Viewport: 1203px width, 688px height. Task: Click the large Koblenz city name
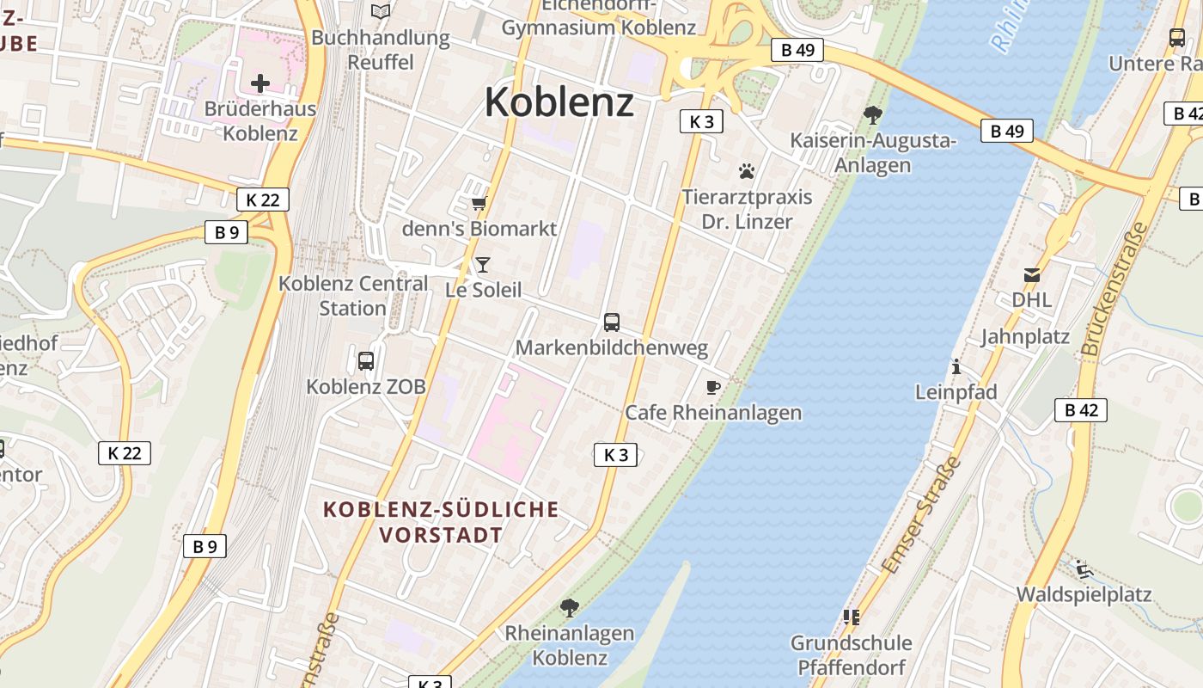(x=559, y=102)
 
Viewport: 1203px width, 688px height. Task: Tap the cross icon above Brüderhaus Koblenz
(x=260, y=83)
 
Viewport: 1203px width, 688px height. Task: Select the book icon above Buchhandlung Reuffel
(x=381, y=12)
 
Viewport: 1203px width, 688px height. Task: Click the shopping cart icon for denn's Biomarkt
(x=479, y=204)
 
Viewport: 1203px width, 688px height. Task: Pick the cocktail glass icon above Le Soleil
(x=483, y=264)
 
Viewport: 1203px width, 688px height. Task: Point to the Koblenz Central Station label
(x=353, y=295)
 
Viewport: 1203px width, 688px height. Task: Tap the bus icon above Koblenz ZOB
(x=366, y=361)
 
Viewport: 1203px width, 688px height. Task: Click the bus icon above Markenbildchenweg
(x=612, y=322)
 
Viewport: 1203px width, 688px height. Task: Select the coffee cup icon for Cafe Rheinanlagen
(x=712, y=387)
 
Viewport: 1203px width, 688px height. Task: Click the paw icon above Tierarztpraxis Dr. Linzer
(x=747, y=171)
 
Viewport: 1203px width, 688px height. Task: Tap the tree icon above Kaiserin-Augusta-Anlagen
(x=873, y=114)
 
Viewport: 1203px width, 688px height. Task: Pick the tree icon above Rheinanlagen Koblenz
(x=569, y=608)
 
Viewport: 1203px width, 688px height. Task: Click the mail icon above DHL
(x=1031, y=275)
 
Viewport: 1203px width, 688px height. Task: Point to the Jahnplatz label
(x=1025, y=336)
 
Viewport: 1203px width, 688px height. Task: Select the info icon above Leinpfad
(x=956, y=366)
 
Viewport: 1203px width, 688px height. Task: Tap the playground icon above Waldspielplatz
(x=1084, y=569)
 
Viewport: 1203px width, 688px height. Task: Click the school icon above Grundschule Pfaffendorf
(x=851, y=617)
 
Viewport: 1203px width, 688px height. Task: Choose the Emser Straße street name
(x=920, y=516)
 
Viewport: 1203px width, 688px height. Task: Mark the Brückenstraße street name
(x=1115, y=289)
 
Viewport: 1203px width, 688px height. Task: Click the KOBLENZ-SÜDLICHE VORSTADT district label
(x=441, y=522)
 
